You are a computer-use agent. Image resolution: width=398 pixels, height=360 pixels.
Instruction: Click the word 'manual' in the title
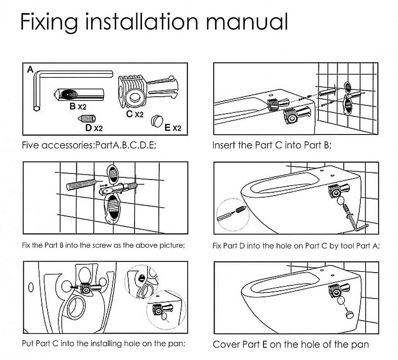coord(247,22)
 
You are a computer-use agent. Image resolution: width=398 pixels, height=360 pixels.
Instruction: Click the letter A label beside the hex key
coord(30,69)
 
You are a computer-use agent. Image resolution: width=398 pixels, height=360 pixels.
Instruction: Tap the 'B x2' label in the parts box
coord(78,106)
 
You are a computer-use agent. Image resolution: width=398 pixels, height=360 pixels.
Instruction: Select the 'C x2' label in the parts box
coord(135,114)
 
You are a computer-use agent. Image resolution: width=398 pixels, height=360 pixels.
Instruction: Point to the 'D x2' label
coord(94,128)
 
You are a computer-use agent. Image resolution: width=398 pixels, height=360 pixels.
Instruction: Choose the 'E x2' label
coord(173,128)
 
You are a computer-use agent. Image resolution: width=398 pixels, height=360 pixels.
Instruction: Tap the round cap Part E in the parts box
coord(157,121)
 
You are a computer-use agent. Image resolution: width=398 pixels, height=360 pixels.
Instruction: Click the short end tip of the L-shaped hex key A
coord(37,109)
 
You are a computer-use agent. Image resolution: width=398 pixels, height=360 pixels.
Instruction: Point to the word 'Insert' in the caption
coord(224,145)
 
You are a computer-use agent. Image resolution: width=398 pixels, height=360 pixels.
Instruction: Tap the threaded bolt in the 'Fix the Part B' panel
coord(81,185)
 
